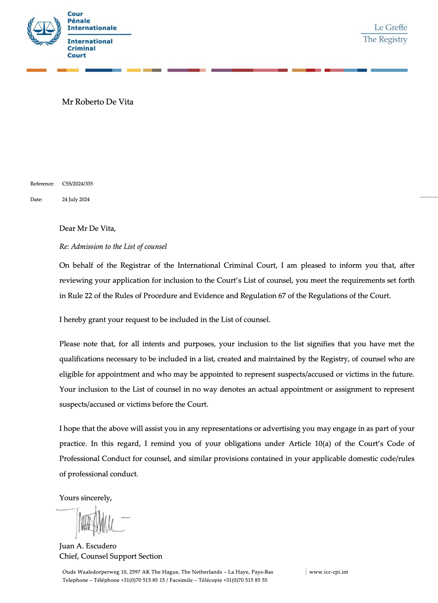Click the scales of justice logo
[x=44, y=31]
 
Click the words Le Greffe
[x=391, y=27]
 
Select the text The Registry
[x=385, y=39]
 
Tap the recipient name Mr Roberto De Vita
[x=98, y=102]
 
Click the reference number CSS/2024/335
[x=77, y=184]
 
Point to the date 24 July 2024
[x=76, y=199]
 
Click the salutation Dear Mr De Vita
[x=87, y=228]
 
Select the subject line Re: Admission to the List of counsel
[x=113, y=247]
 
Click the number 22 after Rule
[x=88, y=296]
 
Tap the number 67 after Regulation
[x=282, y=296]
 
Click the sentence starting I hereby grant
[x=165, y=320]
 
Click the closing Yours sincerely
[x=86, y=498]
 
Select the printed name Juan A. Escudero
[x=88, y=546]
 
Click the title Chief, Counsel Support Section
[x=111, y=556]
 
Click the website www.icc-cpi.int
[x=328, y=572]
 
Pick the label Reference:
[x=42, y=184]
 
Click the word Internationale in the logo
[x=92, y=28]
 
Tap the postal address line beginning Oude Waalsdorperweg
[x=167, y=572]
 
